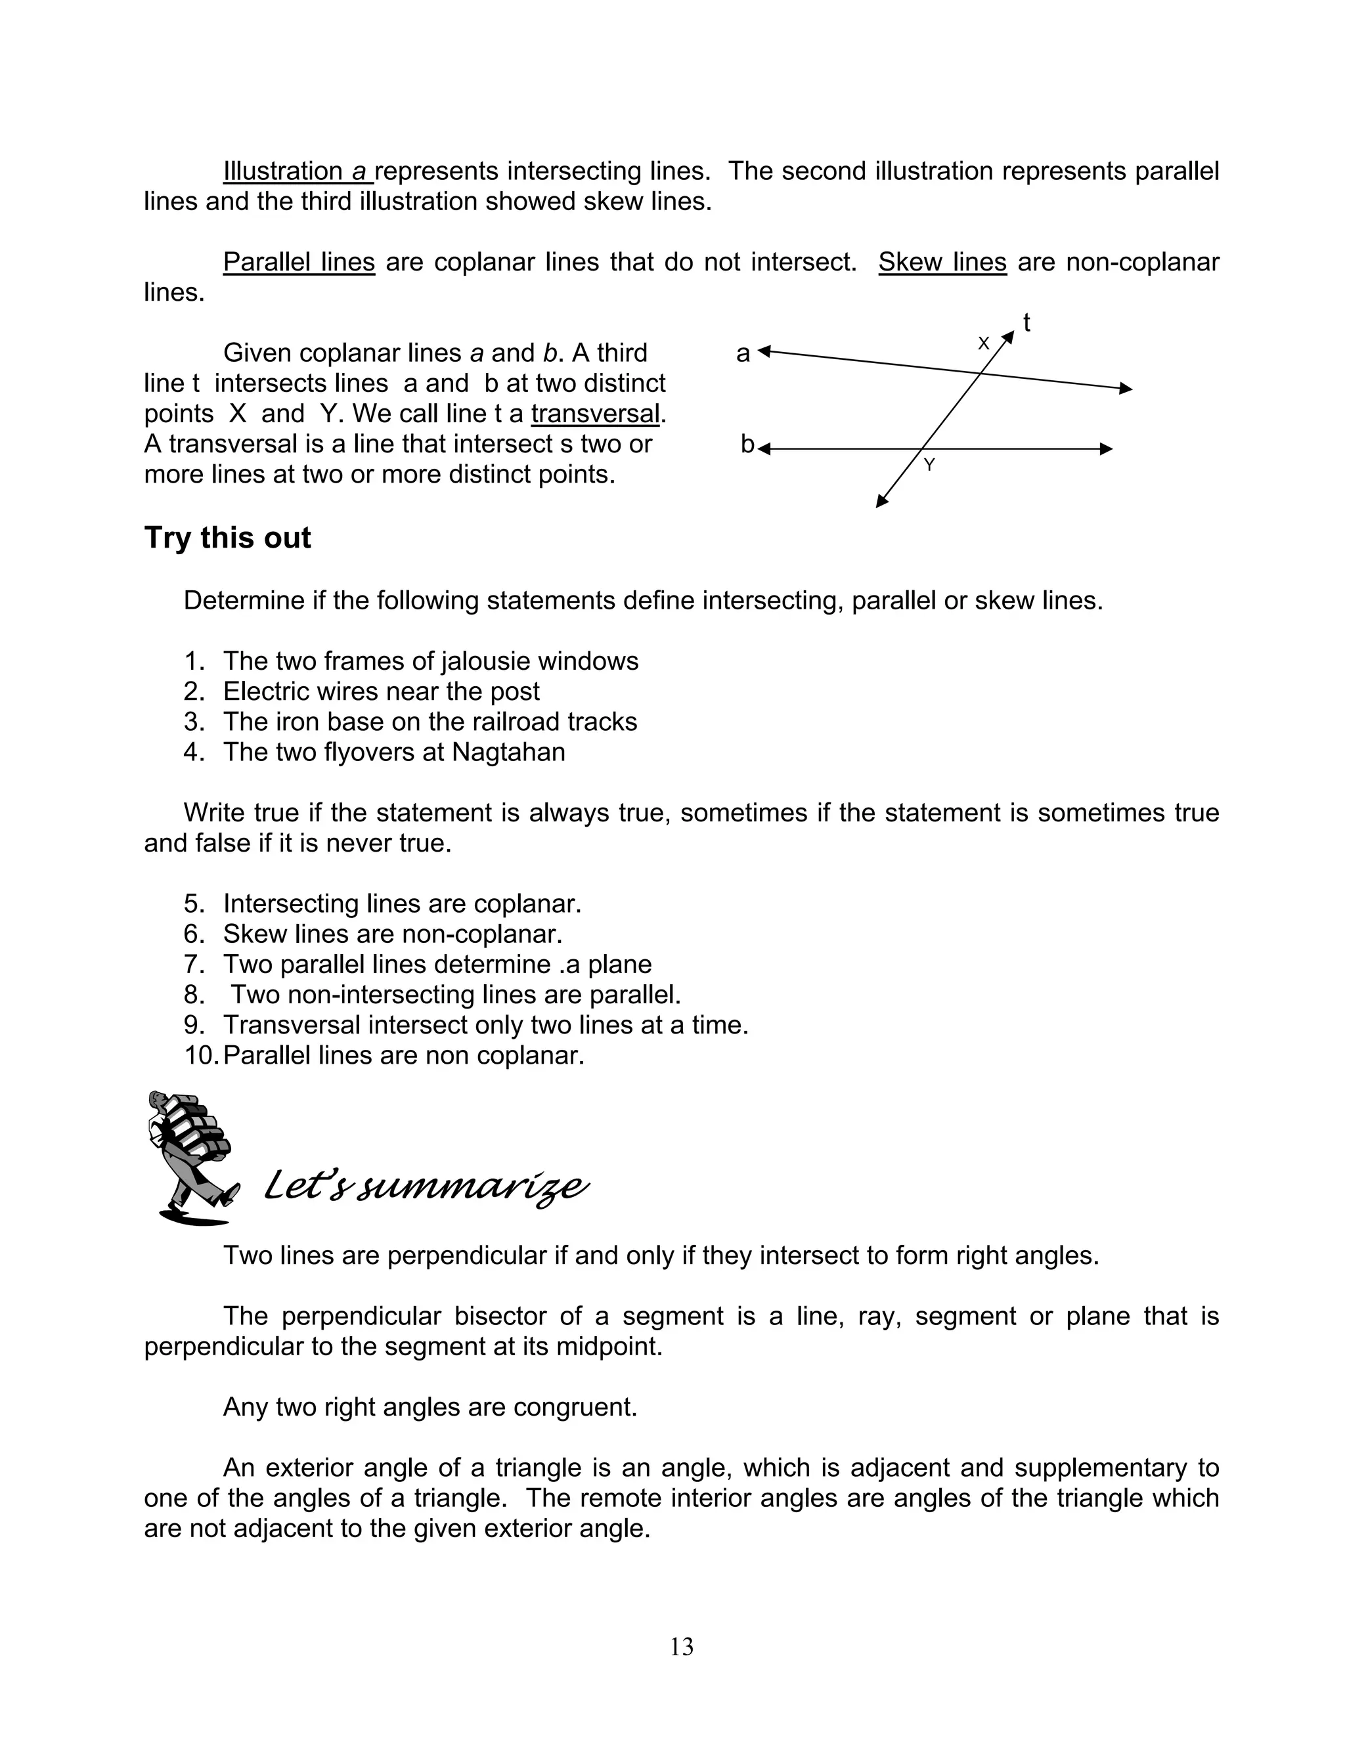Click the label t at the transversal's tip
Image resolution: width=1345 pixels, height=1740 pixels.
[1026, 324]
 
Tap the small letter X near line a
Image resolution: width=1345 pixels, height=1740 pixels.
[983, 343]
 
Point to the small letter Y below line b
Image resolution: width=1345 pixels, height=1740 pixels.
[929, 466]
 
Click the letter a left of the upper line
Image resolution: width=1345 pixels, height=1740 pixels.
[743, 353]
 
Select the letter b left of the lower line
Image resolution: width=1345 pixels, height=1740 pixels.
[747, 444]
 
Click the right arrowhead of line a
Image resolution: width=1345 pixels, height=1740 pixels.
[1125, 388]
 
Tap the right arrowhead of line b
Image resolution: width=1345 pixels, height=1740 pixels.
[1106, 449]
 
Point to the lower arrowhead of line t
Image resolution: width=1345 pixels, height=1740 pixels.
[881, 501]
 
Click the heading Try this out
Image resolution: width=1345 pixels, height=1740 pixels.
[227, 538]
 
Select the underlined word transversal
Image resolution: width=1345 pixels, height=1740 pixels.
[595, 414]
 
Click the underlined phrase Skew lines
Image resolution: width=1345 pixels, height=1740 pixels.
[942, 262]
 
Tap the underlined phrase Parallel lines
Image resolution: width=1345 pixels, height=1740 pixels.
[299, 262]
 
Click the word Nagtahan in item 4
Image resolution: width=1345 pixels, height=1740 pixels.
[508, 752]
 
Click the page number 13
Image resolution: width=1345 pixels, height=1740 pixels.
[681, 1646]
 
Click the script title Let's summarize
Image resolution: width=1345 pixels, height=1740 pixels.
[426, 1187]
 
